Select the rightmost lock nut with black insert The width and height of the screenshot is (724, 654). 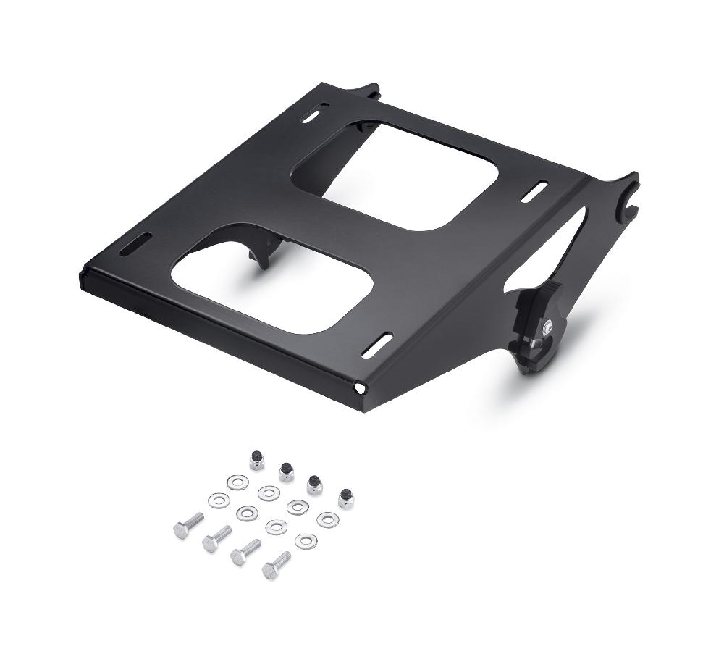pyautogui.click(x=345, y=498)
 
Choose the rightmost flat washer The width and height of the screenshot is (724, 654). pyautogui.click(x=327, y=519)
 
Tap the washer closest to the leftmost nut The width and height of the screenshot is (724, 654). pyautogui.click(x=236, y=481)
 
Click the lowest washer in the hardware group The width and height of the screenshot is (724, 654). pyautogui.click(x=304, y=540)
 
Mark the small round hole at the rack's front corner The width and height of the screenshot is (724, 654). pyautogui.click(x=357, y=389)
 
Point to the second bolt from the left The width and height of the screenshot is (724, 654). pyautogui.click(x=216, y=539)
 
